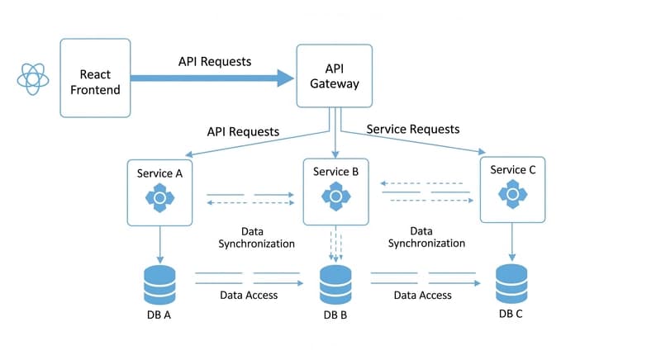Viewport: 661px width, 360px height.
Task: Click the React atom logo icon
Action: [x=33, y=78]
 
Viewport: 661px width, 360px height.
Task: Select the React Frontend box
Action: [x=95, y=78]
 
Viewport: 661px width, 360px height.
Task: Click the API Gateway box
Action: [x=334, y=75]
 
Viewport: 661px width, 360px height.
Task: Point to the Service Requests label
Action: [x=412, y=129]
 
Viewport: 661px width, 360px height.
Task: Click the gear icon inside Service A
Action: [x=159, y=197]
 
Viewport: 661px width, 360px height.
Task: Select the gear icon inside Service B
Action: [x=336, y=196]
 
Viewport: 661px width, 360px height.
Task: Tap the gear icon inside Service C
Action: [x=512, y=194]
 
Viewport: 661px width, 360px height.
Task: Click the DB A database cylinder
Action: [x=159, y=285]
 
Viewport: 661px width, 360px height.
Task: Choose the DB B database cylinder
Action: [x=336, y=286]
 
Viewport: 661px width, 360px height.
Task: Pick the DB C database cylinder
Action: [x=511, y=284]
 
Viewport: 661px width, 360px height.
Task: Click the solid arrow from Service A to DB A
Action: [x=159, y=244]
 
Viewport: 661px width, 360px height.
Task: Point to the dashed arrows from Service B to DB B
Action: [x=336, y=244]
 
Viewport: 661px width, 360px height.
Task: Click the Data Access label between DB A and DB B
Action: [x=249, y=295]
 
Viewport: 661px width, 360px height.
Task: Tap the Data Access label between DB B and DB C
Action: [x=423, y=295]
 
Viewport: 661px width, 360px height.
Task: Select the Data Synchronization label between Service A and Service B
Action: [x=256, y=238]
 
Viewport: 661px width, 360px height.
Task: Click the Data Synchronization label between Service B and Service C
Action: [x=426, y=238]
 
